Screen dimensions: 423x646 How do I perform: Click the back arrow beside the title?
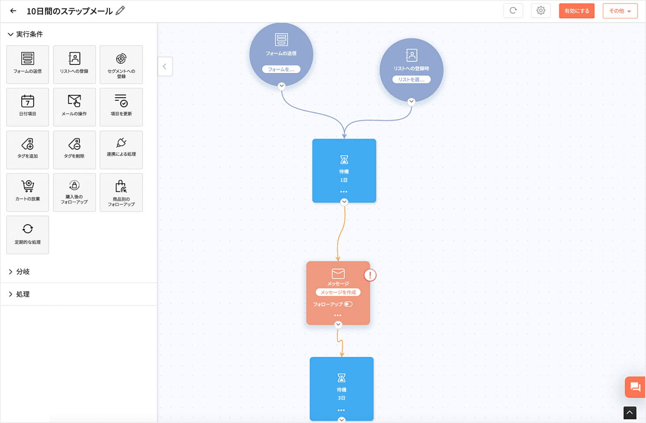pyautogui.click(x=13, y=11)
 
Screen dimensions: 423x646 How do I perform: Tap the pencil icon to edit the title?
pyautogui.click(x=120, y=11)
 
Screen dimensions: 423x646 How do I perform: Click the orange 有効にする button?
pyautogui.click(x=577, y=11)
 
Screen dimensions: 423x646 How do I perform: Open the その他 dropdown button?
pyautogui.click(x=620, y=11)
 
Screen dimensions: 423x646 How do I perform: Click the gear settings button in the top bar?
pyautogui.click(x=541, y=11)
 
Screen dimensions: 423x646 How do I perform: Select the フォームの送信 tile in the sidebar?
pyautogui.click(x=28, y=64)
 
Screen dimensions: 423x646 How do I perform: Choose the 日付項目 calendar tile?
pyautogui.click(x=28, y=107)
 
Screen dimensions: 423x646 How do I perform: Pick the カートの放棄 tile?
pyautogui.click(x=28, y=192)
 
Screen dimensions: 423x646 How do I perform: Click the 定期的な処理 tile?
pyautogui.click(x=28, y=235)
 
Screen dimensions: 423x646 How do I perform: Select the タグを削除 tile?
pyautogui.click(x=74, y=150)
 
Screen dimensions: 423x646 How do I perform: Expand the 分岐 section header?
pyautogui.click(x=23, y=272)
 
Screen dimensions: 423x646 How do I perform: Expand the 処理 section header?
pyautogui.click(x=23, y=294)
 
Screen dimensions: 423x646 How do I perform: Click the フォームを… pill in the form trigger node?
pyautogui.click(x=281, y=70)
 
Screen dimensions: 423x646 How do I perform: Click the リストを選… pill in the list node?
pyautogui.click(x=411, y=79)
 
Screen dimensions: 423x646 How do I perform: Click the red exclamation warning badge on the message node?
pyautogui.click(x=370, y=275)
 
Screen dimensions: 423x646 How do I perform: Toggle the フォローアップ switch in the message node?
pyautogui.click(x=348, y=304)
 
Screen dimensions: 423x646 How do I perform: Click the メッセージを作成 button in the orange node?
pyautogui.click(x=338, y=292)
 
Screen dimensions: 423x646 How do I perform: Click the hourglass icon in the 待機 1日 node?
pyautogui.click(x=344, y=160)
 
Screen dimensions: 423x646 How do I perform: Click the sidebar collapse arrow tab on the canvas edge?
pyautogui.click(x=165, y=66)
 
